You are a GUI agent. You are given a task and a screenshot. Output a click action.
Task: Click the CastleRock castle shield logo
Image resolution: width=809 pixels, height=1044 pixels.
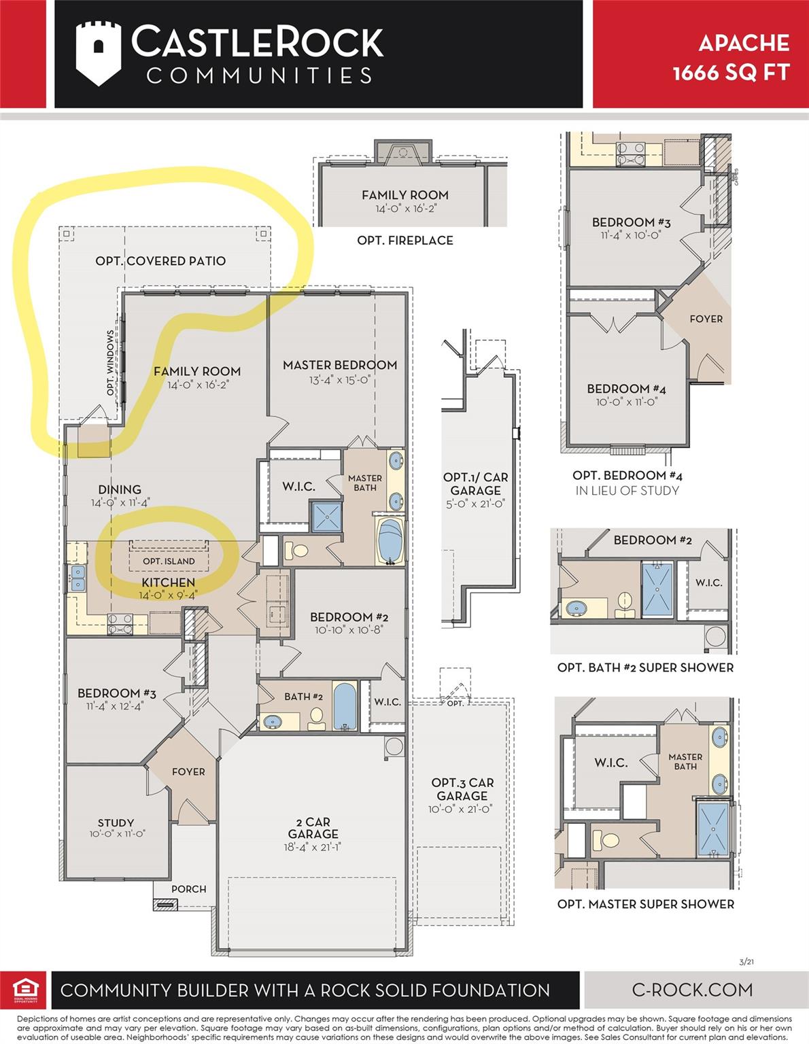99,54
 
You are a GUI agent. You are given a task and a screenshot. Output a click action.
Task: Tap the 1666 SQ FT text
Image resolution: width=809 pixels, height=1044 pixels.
731,73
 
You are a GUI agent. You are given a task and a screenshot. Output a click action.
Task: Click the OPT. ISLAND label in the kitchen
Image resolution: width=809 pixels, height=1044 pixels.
169,561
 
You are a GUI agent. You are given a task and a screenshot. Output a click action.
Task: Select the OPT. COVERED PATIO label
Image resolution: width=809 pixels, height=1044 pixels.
160,261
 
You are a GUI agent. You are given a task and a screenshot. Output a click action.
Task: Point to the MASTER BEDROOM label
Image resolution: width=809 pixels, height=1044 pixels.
340,365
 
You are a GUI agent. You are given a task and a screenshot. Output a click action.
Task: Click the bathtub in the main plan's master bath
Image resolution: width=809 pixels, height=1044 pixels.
390,540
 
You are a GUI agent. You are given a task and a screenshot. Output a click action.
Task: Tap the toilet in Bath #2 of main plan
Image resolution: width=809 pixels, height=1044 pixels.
316,718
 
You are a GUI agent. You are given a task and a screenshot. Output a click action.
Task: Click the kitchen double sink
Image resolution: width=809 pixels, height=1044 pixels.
78,578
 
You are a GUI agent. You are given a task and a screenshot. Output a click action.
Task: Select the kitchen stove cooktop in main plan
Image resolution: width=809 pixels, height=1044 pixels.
120,624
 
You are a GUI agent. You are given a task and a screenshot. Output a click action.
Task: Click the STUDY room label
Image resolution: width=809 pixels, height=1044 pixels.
116,822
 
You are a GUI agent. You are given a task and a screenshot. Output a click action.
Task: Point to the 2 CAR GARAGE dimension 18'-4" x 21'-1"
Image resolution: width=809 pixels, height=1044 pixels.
313,847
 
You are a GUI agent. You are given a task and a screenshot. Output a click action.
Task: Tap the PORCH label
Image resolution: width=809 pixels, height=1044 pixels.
189,889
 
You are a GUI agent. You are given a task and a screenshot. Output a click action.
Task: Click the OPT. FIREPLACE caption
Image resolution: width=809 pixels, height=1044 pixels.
405,240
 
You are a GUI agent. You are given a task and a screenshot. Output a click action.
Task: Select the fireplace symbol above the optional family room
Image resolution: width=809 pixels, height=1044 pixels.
403,153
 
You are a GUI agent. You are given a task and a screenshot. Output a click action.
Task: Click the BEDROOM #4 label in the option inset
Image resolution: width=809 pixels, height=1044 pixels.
626,389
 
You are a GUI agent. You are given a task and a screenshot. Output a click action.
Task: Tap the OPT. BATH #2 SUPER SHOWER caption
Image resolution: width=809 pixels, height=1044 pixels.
645,667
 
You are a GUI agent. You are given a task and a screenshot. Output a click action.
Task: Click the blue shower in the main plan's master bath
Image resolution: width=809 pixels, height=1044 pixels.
327,517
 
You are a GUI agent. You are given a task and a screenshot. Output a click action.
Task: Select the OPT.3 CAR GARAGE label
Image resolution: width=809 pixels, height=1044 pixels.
462,789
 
